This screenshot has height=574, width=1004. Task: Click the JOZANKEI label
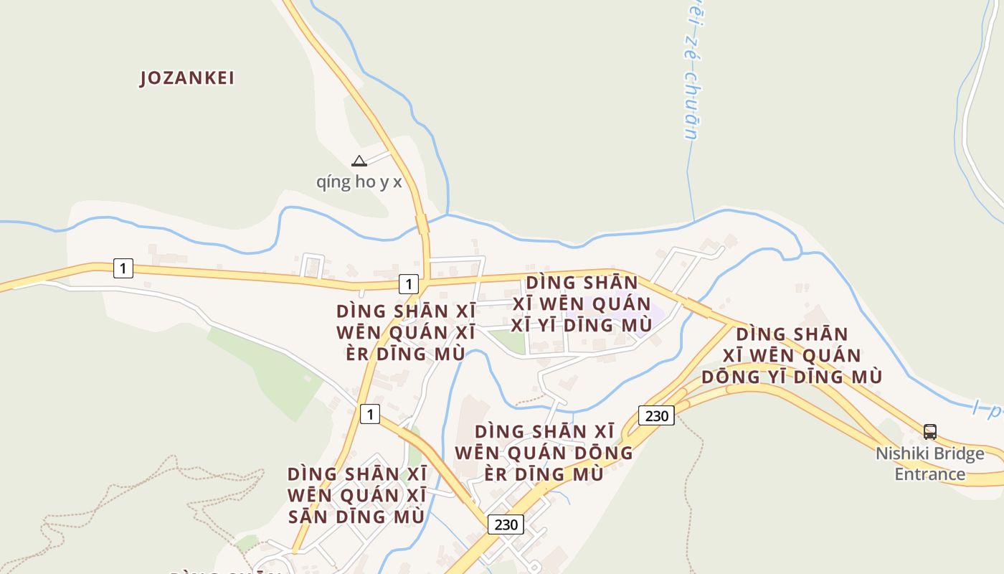pos(187,78)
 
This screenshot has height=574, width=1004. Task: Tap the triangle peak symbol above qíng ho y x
pos(359,161)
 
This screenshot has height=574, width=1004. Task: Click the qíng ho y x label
pos(359,182)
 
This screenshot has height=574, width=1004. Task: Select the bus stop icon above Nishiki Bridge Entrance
pos(929,432)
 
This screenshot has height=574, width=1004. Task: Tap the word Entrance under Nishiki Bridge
pos(929,474)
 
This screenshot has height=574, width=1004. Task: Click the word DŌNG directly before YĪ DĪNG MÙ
pos(731,377)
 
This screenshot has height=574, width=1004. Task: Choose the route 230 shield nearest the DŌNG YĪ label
pos(656,415)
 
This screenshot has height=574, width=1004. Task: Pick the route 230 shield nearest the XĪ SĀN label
pos(506,524)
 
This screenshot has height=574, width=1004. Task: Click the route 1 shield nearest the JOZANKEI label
pos(123,268)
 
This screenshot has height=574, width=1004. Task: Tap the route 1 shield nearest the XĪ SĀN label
pos(369,414)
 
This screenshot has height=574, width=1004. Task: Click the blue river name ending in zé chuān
pos(688,72)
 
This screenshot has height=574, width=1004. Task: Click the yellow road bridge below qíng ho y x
pos(422,225)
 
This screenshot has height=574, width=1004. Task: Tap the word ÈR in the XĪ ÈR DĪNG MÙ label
pos(356,354)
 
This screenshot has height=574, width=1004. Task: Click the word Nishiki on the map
pos(900,454)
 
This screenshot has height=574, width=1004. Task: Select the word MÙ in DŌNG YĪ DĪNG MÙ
pos(866,377)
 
